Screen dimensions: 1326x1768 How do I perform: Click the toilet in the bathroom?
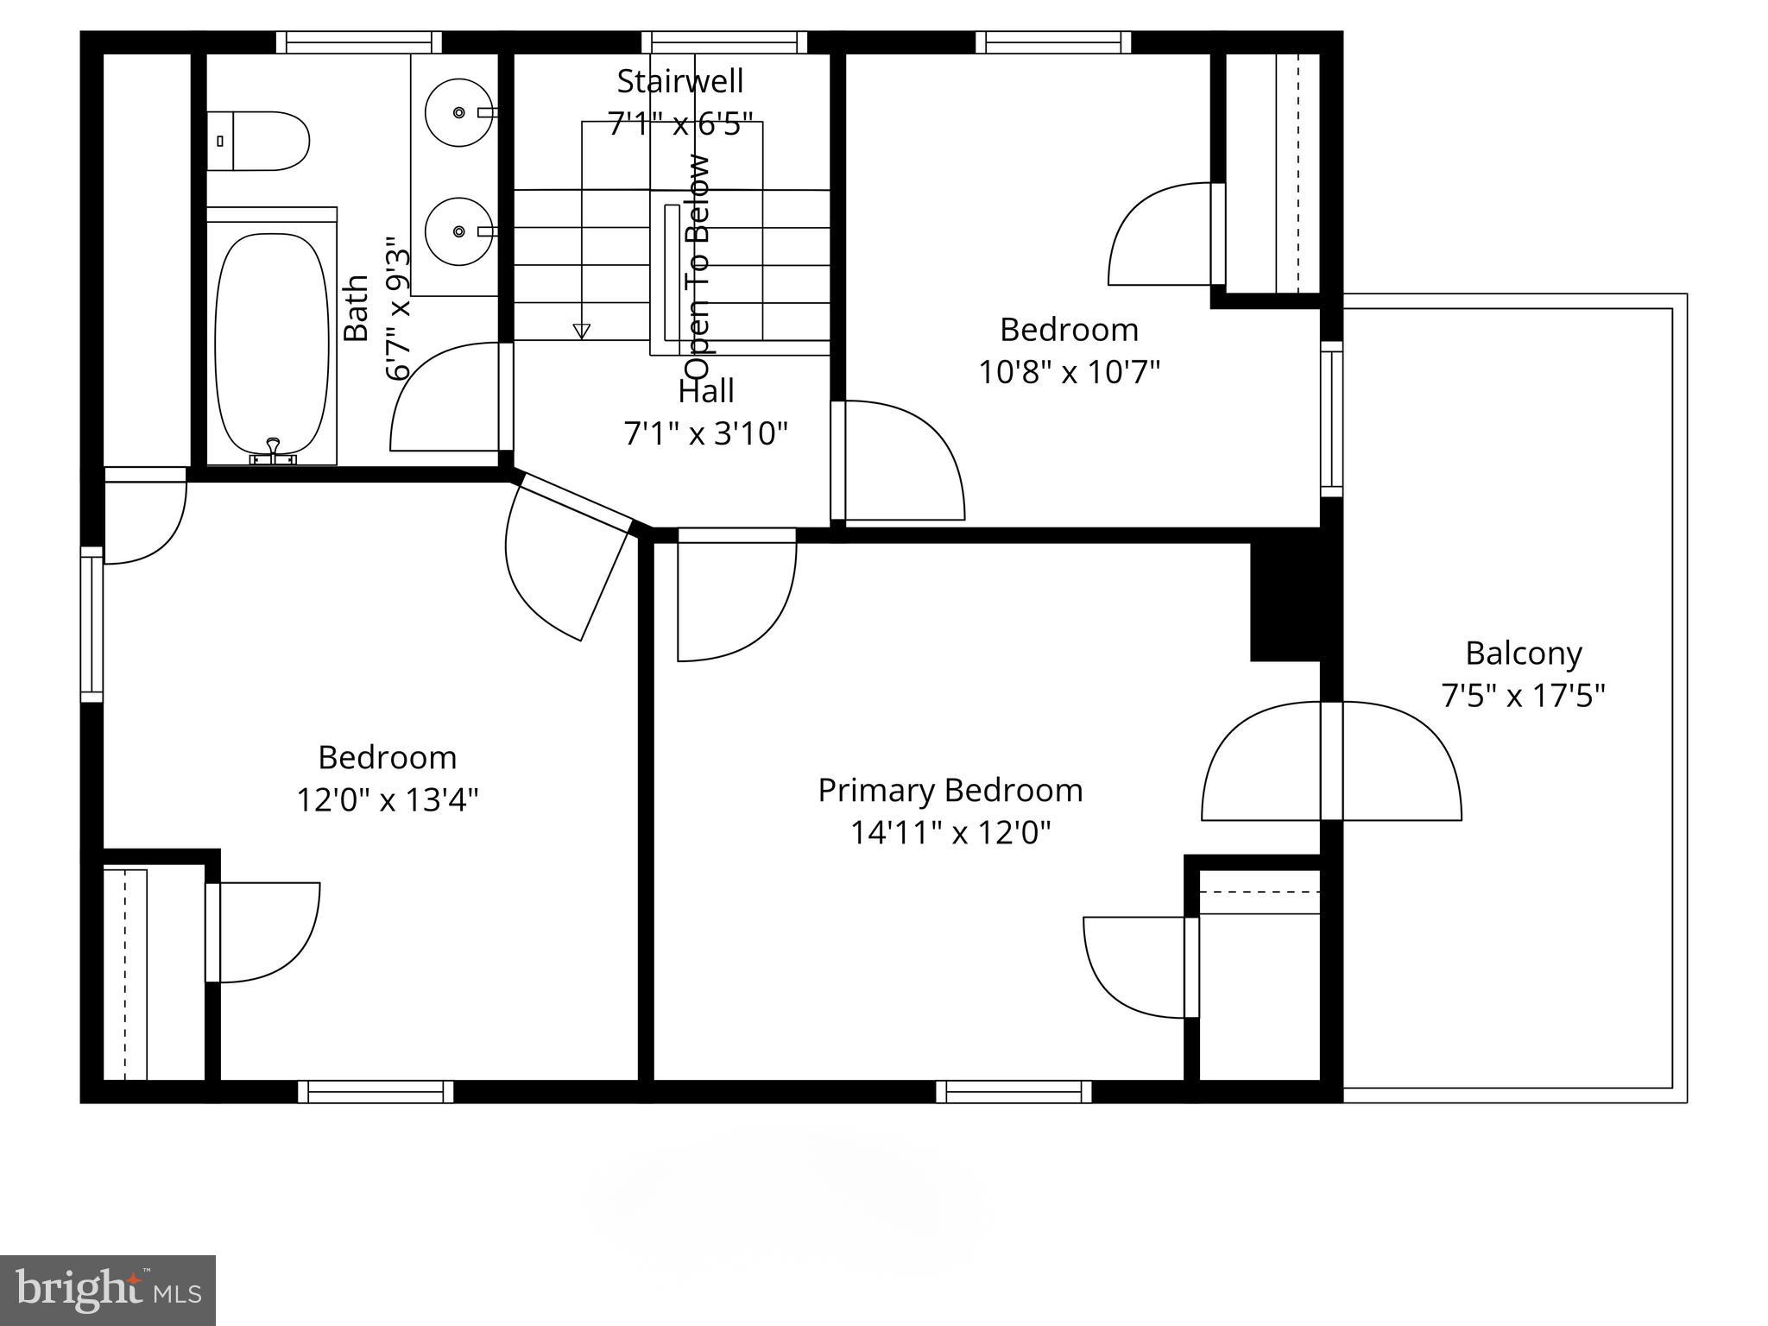(259, 141)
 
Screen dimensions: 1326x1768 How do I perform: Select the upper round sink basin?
(458, 112)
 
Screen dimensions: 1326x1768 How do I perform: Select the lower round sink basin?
(458, 231)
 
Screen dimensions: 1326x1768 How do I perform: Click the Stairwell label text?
(680, 81)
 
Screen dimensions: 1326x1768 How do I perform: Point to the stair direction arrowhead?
(582, 331)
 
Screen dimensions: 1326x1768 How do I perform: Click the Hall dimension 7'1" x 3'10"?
(706, 433)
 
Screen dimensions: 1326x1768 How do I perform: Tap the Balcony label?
(1524, 654)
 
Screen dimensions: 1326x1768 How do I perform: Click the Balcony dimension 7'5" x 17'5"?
(1524, 696)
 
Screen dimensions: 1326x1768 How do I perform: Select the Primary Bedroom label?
(950, 791)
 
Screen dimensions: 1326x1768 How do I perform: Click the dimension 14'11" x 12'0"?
(950, 833)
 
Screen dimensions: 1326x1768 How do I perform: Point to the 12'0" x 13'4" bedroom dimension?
(388, 800)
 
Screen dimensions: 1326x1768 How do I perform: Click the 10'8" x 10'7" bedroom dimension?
(1069, 373)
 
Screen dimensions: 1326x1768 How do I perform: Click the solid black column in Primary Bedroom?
(1285, 602)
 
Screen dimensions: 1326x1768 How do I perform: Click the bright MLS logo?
(108, 1290)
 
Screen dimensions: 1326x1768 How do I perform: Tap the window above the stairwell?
(725, 42)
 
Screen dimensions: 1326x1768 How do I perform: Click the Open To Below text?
(698, 255)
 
